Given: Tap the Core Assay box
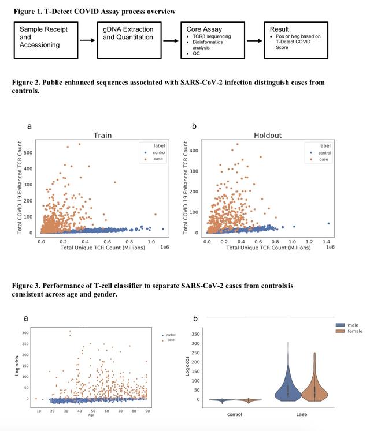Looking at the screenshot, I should point(211,40).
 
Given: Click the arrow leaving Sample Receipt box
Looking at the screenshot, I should point(87,40).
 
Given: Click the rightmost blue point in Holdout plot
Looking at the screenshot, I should point(328,223).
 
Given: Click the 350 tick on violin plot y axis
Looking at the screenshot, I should point(194,334).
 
